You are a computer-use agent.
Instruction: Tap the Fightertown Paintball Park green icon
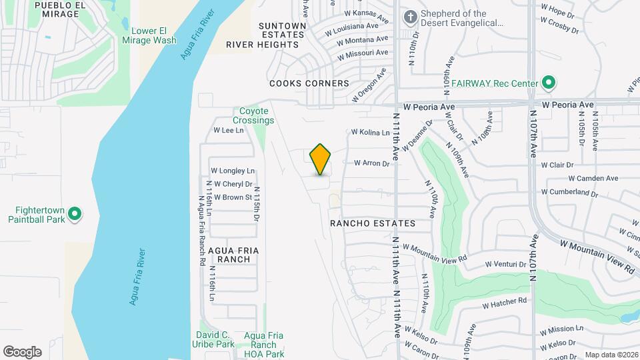coord(75,214)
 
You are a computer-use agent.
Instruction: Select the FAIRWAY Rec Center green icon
coord(549,83)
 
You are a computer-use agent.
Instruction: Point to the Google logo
coord(22,352)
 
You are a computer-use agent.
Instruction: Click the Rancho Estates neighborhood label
coord(373,224)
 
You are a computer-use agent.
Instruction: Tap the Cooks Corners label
coord(309,83)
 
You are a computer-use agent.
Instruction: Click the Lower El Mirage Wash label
coord(154,35)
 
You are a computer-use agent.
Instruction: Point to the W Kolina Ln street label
coord(370,133)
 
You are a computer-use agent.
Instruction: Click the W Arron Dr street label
coord(371,162)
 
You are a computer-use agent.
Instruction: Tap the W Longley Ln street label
coord(233,171)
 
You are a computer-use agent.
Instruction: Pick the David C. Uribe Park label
coord(215,339)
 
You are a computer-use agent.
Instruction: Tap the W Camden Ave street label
coord(593,178)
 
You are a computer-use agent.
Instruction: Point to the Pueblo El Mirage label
coord(60,9)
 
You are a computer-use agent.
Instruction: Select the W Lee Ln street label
coord(229,131)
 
